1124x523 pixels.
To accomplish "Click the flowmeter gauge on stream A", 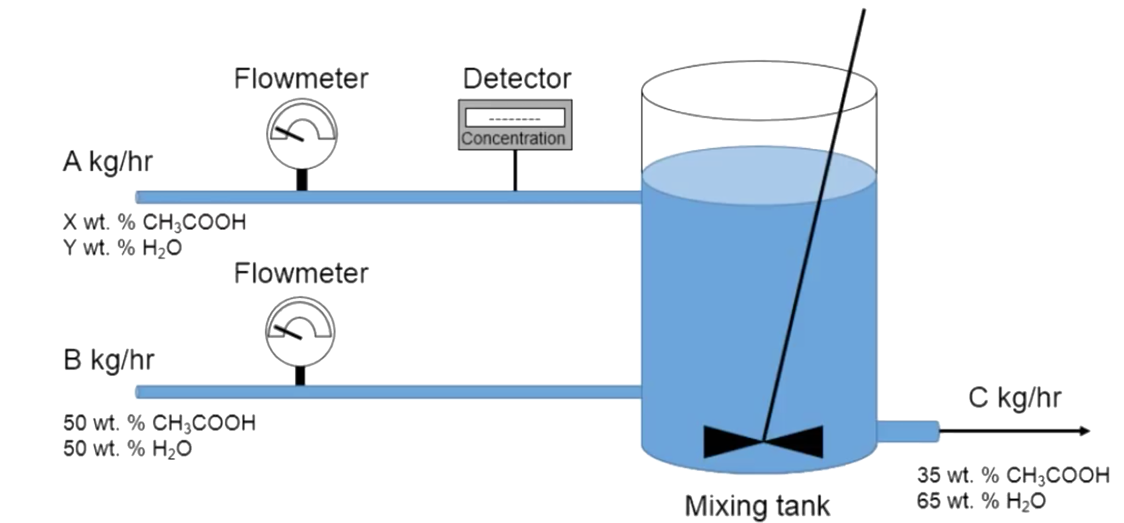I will point(302,134).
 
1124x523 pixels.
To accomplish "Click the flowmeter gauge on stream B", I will point(300,331).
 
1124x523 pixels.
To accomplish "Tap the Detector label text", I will point(517,79).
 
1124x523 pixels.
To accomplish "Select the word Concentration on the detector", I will point(513,138).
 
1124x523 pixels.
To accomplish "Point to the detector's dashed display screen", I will point(515,118).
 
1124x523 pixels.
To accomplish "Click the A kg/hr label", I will point(108,162).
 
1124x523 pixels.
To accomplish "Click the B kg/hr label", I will point(109,360).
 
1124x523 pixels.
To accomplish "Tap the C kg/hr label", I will point(1015,398).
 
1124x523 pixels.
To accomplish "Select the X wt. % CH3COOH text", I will point(154,223).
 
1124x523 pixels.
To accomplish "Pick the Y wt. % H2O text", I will point(122,248).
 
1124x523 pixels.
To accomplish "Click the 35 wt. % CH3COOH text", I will point(1013,475).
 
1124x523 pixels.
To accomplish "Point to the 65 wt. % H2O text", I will point(981,501).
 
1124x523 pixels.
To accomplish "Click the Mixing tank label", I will point(757,506).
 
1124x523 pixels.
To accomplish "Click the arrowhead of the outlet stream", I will point(1084,431).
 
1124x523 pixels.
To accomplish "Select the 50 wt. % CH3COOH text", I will point(159,423).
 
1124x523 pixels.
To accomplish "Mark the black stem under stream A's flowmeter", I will point(302,180).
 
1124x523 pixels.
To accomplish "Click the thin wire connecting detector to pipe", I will point(515,170).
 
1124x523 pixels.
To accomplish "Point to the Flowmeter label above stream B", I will point(301,274).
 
